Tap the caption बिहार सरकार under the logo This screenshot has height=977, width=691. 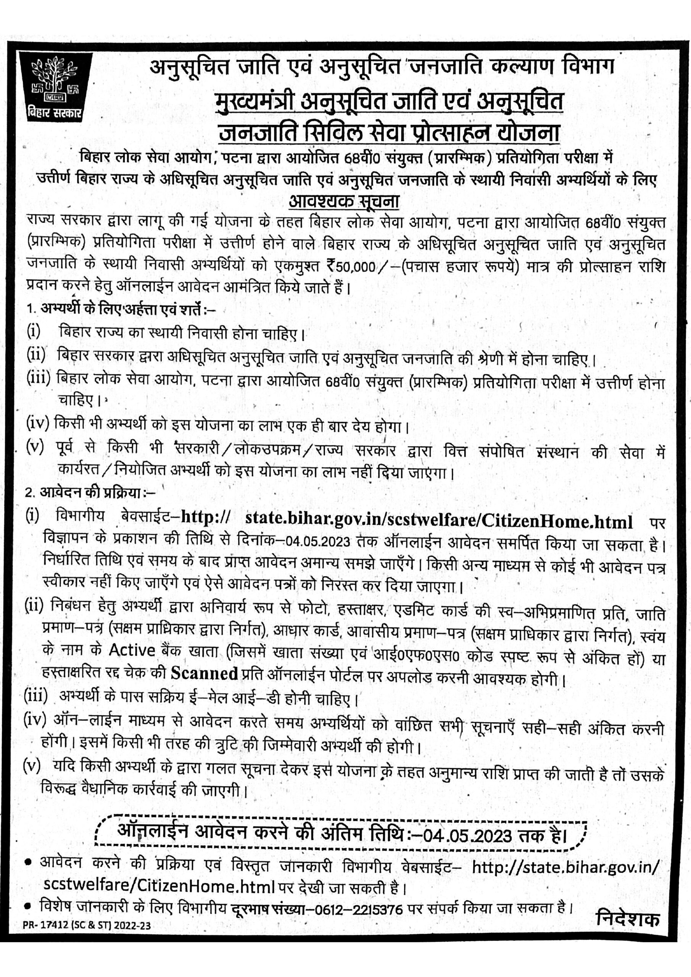(x=54, y=115)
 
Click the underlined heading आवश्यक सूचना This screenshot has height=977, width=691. (x=344, y=200)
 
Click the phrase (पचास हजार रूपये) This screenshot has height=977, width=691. (x=456, y=267)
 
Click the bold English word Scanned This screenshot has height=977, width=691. (x=204, y=673)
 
